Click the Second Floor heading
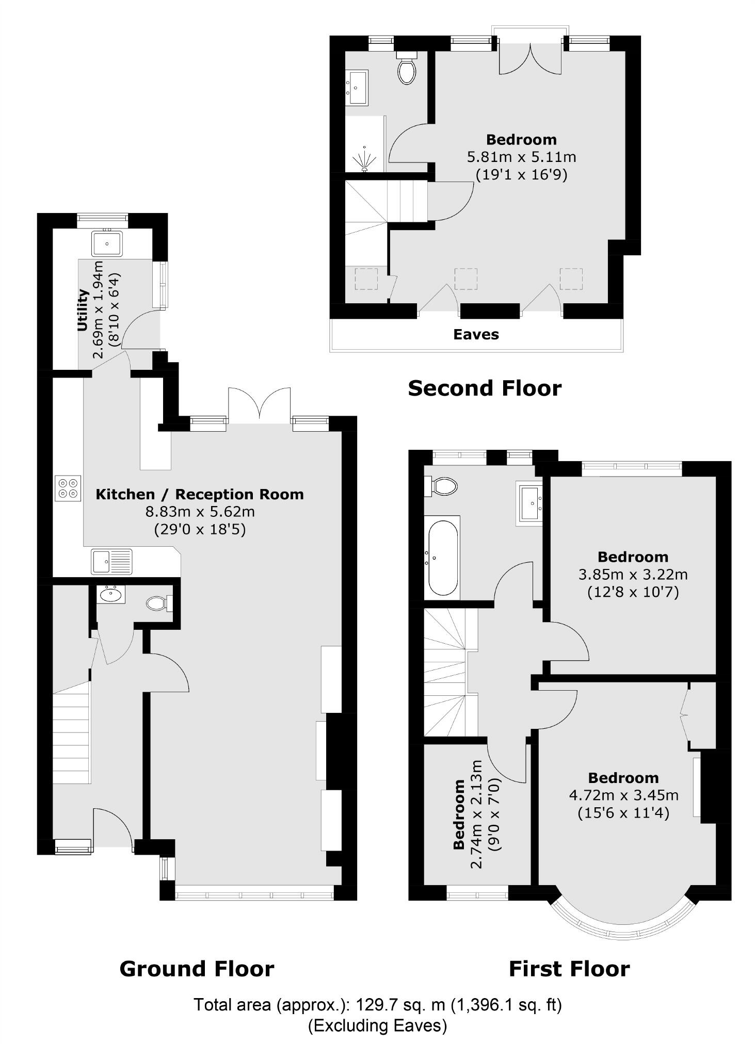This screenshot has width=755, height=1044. (x=484, y=388)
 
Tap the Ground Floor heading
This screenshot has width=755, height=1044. (x=197, y=969)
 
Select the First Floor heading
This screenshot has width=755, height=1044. (x=569, y=969)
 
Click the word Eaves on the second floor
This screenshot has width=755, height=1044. (x=476, y=335)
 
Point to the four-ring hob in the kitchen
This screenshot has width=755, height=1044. (x=68, y=488)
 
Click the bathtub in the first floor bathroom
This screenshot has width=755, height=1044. (x=442, y=558)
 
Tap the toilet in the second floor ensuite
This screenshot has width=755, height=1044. (x=407, y=70)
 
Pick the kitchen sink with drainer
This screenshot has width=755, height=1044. (x=112, y=562)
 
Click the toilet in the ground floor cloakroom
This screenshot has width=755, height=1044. (x=158, y=602)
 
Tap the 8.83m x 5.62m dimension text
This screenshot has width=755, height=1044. (x=200, y=512)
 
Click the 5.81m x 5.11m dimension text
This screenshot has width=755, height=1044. (x=521, y=157)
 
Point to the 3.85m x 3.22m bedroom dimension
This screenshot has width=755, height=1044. (x=633, y=574)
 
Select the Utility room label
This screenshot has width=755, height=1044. (x=83, y=310)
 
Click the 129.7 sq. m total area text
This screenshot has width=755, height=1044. (x=377, y=1004)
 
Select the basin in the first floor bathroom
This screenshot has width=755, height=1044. (x=529, y=503)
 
